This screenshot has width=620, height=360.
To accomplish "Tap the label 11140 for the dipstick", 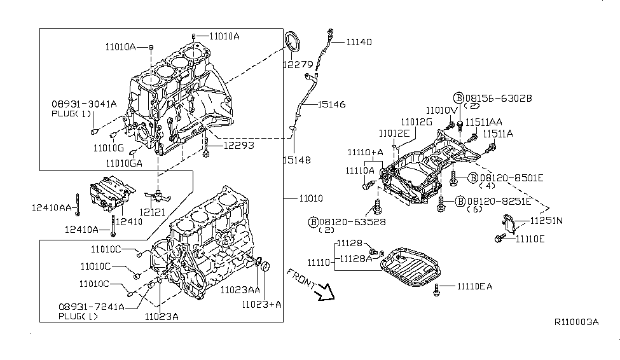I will pyautogui.click(x=359, y=42).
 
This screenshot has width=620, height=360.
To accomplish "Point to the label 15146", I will pyautogui.click(x=332, y=104).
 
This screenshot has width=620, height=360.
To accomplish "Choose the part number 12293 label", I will pyautogui.click(x=238, y=145).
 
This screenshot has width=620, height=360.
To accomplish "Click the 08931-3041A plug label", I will pyautogui.click(x=84, y=103).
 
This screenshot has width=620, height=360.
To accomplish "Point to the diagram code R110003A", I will pyautogui.click(x=577, y=322).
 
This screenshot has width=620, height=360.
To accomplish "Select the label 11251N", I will pyautogui.click(x=547, y=221).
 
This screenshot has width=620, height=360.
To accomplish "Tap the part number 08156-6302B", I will pyautogui.click(x=499, y=98).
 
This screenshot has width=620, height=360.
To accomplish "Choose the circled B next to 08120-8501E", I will pyautogui.click(x=473, y=177).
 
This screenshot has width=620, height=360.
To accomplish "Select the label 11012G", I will pyautogui.click(x=417, y=121).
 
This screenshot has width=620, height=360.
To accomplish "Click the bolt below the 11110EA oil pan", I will pyautogui.click(x=437, y=291).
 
